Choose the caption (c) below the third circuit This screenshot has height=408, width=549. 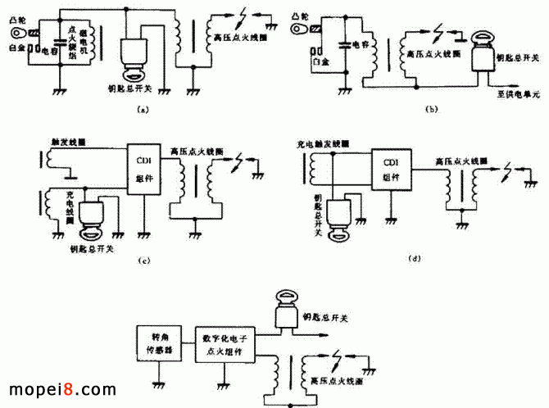click(144, 261)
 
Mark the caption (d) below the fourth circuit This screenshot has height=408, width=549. click(414, 259)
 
